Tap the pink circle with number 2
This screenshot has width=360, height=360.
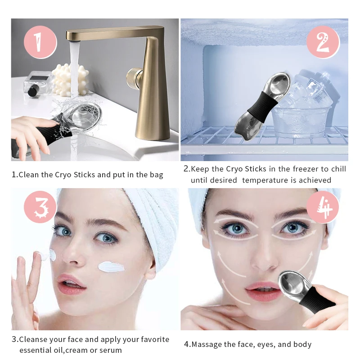coord(322,41)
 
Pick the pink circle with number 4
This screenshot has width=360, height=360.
coord(322,207)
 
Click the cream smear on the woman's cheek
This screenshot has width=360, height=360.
coord(111,266)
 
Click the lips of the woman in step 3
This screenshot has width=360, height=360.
coord(71,284)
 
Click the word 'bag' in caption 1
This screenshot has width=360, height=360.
coord(155,175)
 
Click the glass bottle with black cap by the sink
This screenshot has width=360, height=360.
coord(38,83)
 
